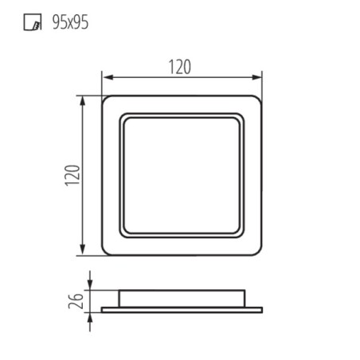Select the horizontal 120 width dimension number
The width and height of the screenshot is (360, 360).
(x=180, y=67)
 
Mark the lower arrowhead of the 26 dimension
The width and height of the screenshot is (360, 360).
(x=90, y=315)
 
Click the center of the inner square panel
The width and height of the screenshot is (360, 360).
(x=182, y=176)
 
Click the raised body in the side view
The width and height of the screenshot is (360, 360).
(x=182, y=297)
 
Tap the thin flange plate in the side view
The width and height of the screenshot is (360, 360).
(x=182, y=307)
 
